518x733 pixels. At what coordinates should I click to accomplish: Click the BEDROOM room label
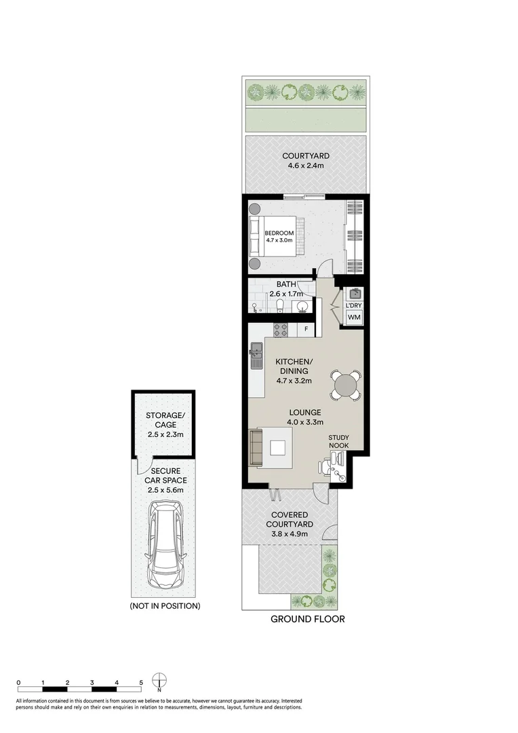click(x=279, y=233)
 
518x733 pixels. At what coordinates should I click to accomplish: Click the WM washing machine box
click(x=353, y=318)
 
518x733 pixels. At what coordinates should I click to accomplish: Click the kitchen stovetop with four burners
click(x=281, y=330)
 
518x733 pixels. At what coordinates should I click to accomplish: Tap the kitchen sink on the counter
click(x=256, y=354)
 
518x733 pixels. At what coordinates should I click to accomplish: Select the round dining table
click(x=346, y=386)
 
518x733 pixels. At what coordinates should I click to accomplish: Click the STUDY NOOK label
click(x=338, y=442)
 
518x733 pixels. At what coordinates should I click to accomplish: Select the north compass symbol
click(x=159, y=681)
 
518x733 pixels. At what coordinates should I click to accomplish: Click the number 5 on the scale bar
click(x=141, y=682)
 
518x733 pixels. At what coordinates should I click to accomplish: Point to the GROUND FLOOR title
click(x=307, y=618)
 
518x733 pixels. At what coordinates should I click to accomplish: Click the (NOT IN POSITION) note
click(x=165, y=605)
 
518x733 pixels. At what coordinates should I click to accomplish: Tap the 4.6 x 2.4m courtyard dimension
click(x=306, y=167)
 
